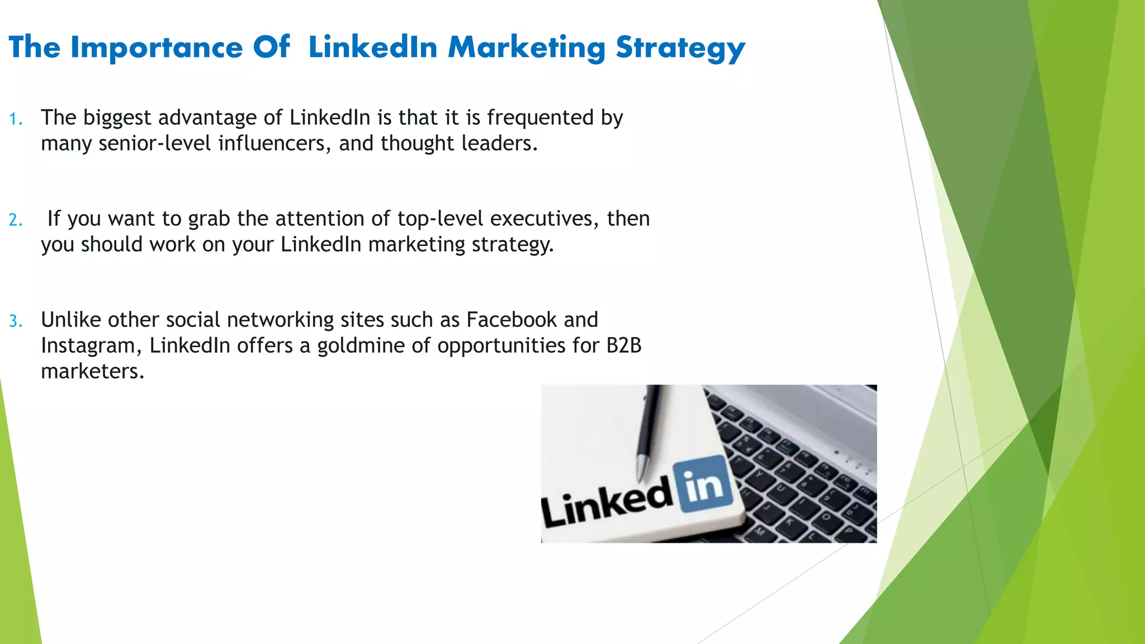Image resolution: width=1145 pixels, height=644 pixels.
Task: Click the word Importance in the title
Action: point(157,48)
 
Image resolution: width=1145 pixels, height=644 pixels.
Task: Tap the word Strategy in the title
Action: point(680,48)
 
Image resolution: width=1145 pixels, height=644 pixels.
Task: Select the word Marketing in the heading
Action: point(526,48)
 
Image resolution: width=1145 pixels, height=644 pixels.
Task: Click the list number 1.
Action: point(15,119)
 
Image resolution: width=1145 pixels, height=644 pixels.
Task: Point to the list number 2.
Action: point(15,220)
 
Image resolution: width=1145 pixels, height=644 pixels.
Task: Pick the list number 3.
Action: point(15,321)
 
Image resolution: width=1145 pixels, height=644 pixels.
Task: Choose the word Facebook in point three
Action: point(512,320)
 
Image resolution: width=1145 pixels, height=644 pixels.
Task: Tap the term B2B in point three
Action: point(624,345)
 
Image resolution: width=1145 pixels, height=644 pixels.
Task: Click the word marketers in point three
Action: point(92,371)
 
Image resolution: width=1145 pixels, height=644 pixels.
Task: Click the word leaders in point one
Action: point(499,144)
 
